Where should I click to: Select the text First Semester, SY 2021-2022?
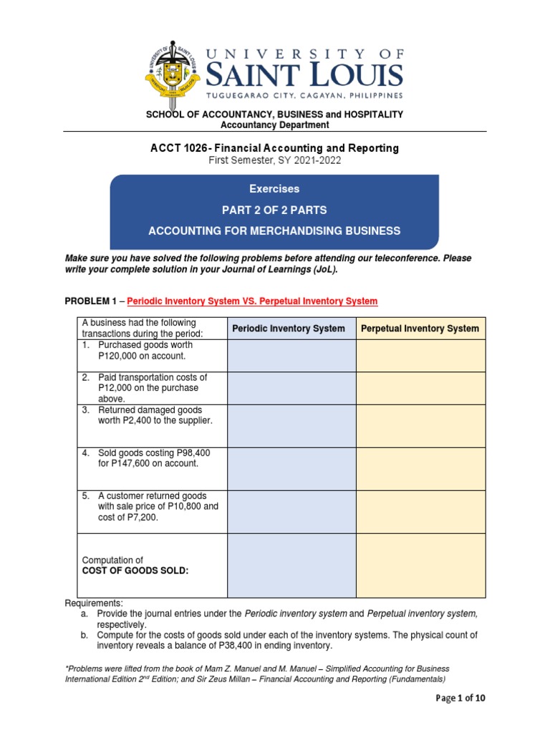(274, 160)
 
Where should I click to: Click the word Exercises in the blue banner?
(274, 189)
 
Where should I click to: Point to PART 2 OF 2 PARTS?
(274, 210)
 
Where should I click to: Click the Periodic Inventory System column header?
(289, 329)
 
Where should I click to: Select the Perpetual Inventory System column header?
(420, 329)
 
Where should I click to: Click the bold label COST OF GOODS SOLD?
(135, 571)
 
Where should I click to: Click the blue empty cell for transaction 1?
(291, 355)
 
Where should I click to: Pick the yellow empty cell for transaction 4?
(420, 468)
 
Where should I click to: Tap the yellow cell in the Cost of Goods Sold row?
(420, 565)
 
